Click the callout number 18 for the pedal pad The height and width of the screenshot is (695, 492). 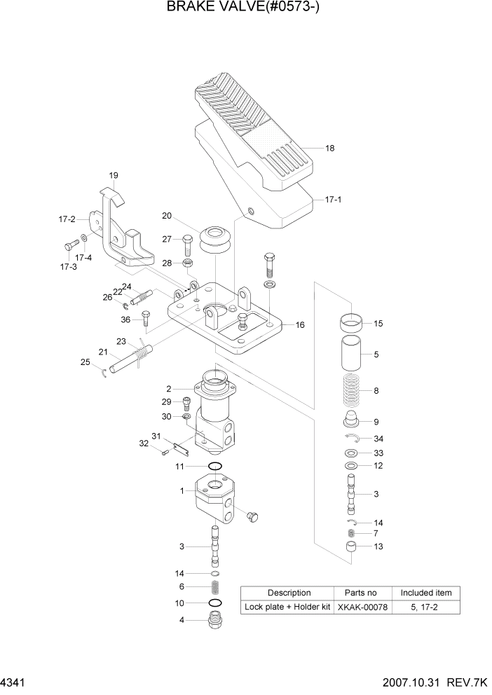tap(330, 148)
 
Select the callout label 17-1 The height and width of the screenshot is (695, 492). tap(333, 200)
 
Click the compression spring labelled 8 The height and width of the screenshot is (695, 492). tap(352, 392)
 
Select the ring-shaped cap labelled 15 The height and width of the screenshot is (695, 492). tap(352, 324)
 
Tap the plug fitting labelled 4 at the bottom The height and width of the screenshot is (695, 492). tap(216, 619)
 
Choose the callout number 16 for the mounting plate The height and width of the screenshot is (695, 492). tap(299, 325)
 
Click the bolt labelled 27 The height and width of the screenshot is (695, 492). tap(187, 243)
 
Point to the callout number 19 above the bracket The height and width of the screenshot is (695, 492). tap(113, 175)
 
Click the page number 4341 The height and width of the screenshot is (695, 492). tap(13, 682)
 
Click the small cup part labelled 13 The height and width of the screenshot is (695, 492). tap(352, 547)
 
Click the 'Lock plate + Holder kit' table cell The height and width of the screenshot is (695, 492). tap(286, 607)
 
